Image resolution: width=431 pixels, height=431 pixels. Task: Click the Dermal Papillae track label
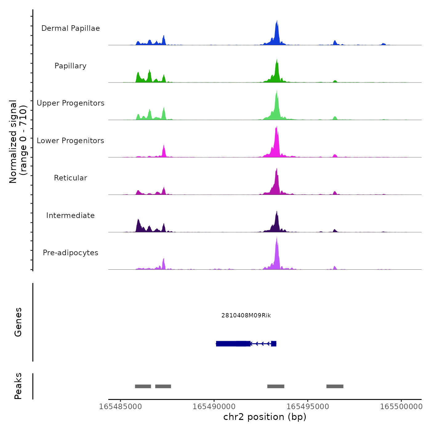click(70, 28)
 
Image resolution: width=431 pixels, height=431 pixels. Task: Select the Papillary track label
click(70, 66)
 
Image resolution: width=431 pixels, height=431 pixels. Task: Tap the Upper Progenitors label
click(70, 103)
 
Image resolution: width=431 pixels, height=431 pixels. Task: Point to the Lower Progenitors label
click(70, 141)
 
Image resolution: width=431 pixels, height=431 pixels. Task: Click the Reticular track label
click(70, 178)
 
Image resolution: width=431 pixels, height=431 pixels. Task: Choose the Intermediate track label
click(70, 216)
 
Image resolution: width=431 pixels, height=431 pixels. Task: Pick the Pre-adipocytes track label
click(70, 253)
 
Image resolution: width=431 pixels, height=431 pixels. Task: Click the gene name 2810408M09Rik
click(246, 316)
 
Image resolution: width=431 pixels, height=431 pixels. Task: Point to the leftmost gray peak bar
click(143, 386)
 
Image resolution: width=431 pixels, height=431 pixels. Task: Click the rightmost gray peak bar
click(335, 386)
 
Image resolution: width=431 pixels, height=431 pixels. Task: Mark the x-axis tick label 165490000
click(214, 407)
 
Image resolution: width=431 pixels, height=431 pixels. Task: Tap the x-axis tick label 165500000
click(401, 407)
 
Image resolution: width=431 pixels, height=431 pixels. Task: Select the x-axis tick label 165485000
click(120, 407)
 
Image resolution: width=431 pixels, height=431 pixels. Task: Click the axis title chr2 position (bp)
click(265, 417)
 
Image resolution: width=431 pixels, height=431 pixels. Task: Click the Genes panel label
click(18, 322)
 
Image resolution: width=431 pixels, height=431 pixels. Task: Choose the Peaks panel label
click(18, 386)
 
